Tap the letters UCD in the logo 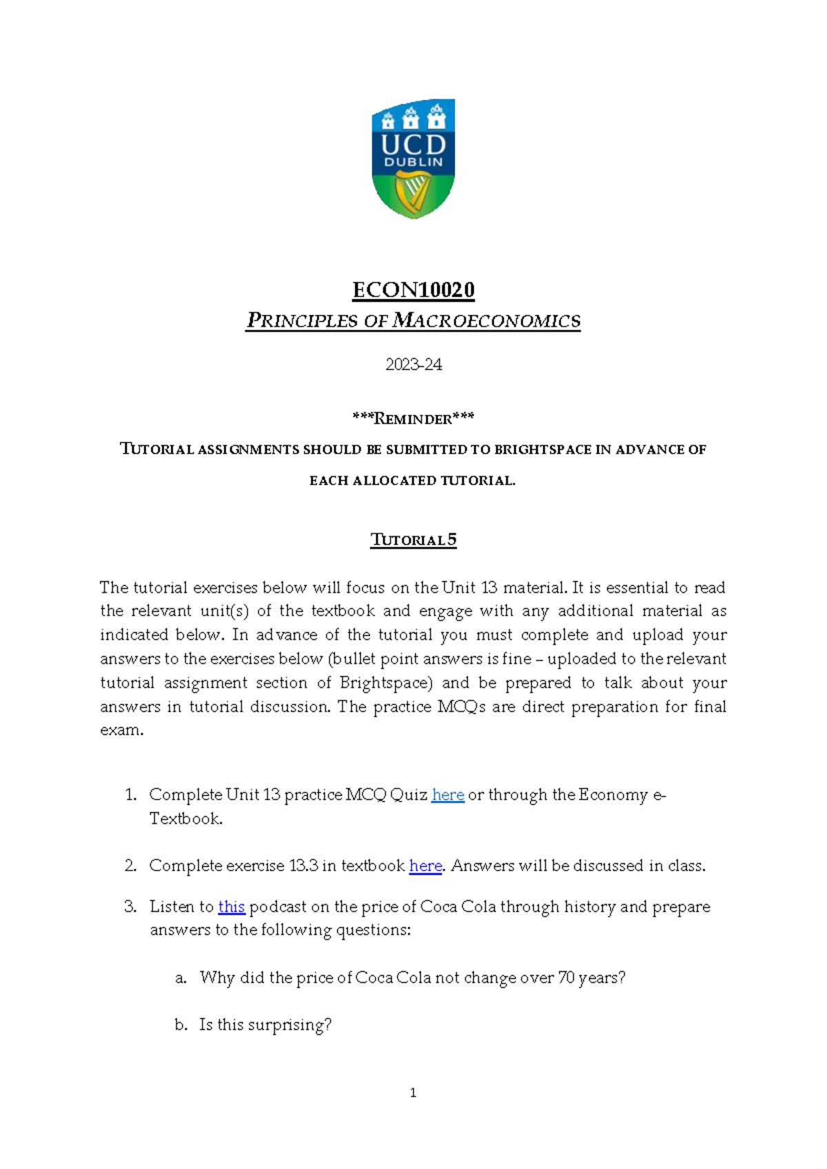tap(413, 145)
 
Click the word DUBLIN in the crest tap(413, 163)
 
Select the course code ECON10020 tap(413, 289)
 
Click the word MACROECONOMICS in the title tap(486, 321)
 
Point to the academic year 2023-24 tap(413, 365)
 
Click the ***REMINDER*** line tap(413, 418)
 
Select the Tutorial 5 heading tap(413, 540)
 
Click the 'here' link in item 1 tap(448, 795)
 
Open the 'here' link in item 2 tap(425, 866)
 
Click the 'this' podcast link tap(232, 906)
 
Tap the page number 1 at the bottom tap(413, 1092)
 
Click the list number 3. tap(130, 906)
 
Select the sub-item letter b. tap(181, 1025)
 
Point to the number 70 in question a tap(566, 977)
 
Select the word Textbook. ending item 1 tap(186, 819)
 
